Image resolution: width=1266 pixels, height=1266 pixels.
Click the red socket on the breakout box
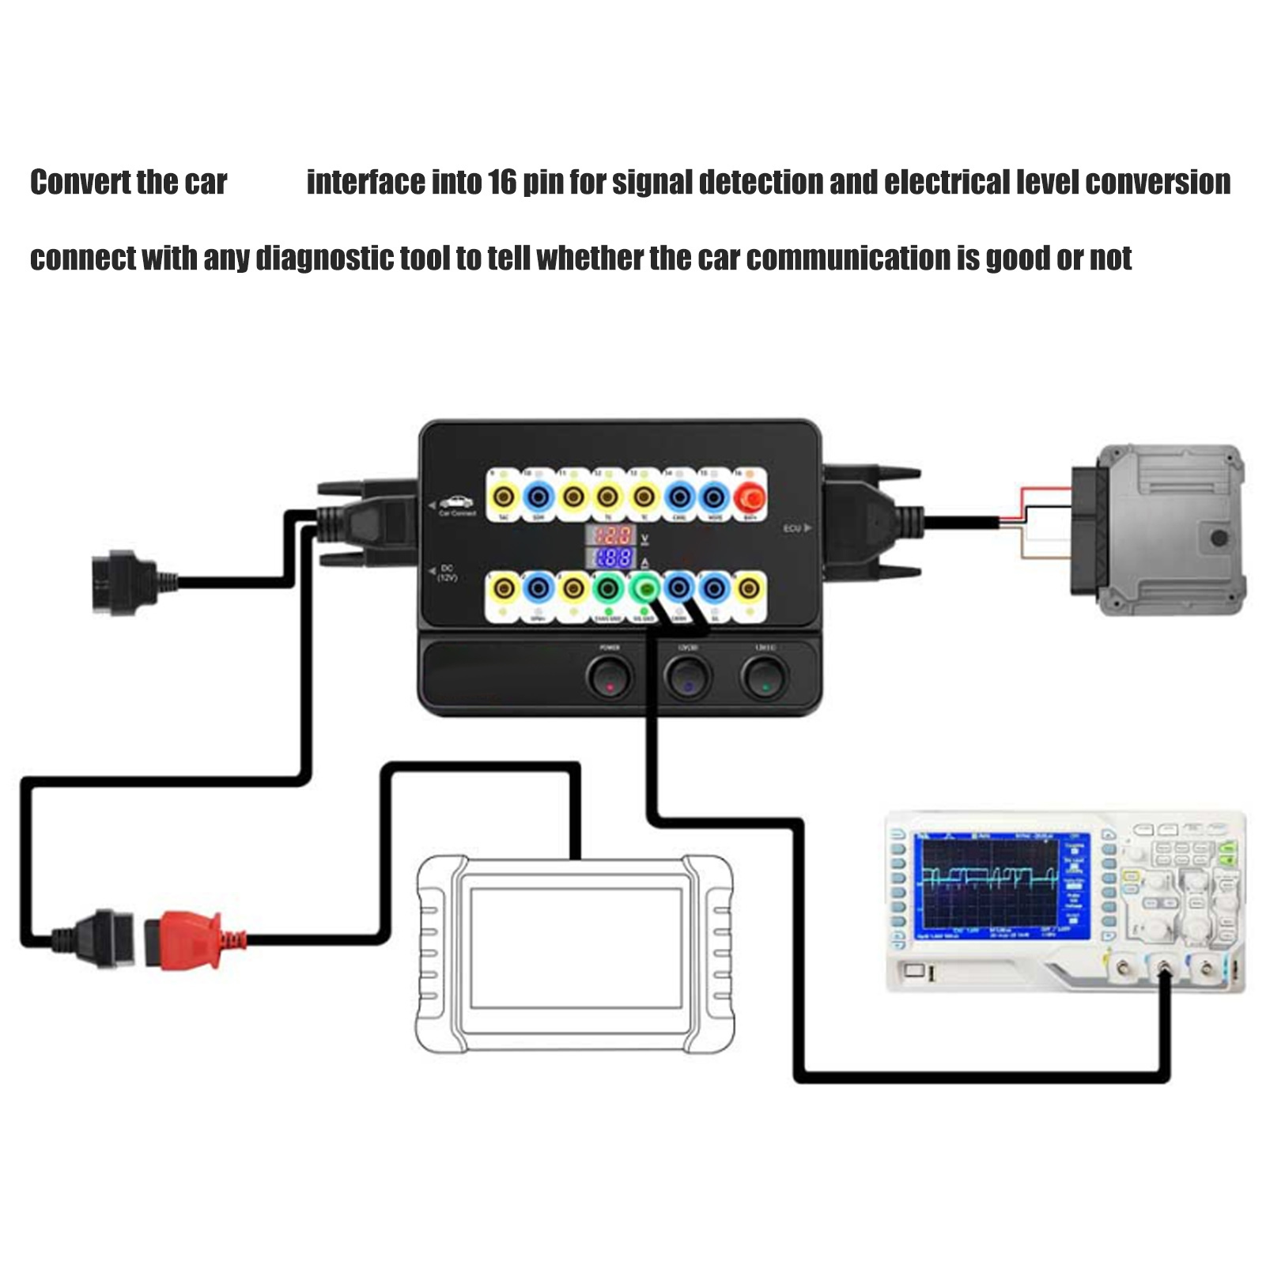tap(749, 497)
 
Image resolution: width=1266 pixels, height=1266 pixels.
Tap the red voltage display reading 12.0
tap(611, 534)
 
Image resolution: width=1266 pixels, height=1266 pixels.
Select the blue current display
tap(611, 557)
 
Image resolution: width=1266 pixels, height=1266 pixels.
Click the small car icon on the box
tap(456, 501)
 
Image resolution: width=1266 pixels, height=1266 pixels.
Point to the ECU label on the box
tap(793, 528)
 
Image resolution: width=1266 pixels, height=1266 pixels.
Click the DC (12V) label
tap(447, 573)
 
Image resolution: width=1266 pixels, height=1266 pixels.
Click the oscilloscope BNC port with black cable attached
tap(1164, 968)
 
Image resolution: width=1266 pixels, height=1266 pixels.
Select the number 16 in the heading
tap(501, 183)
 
